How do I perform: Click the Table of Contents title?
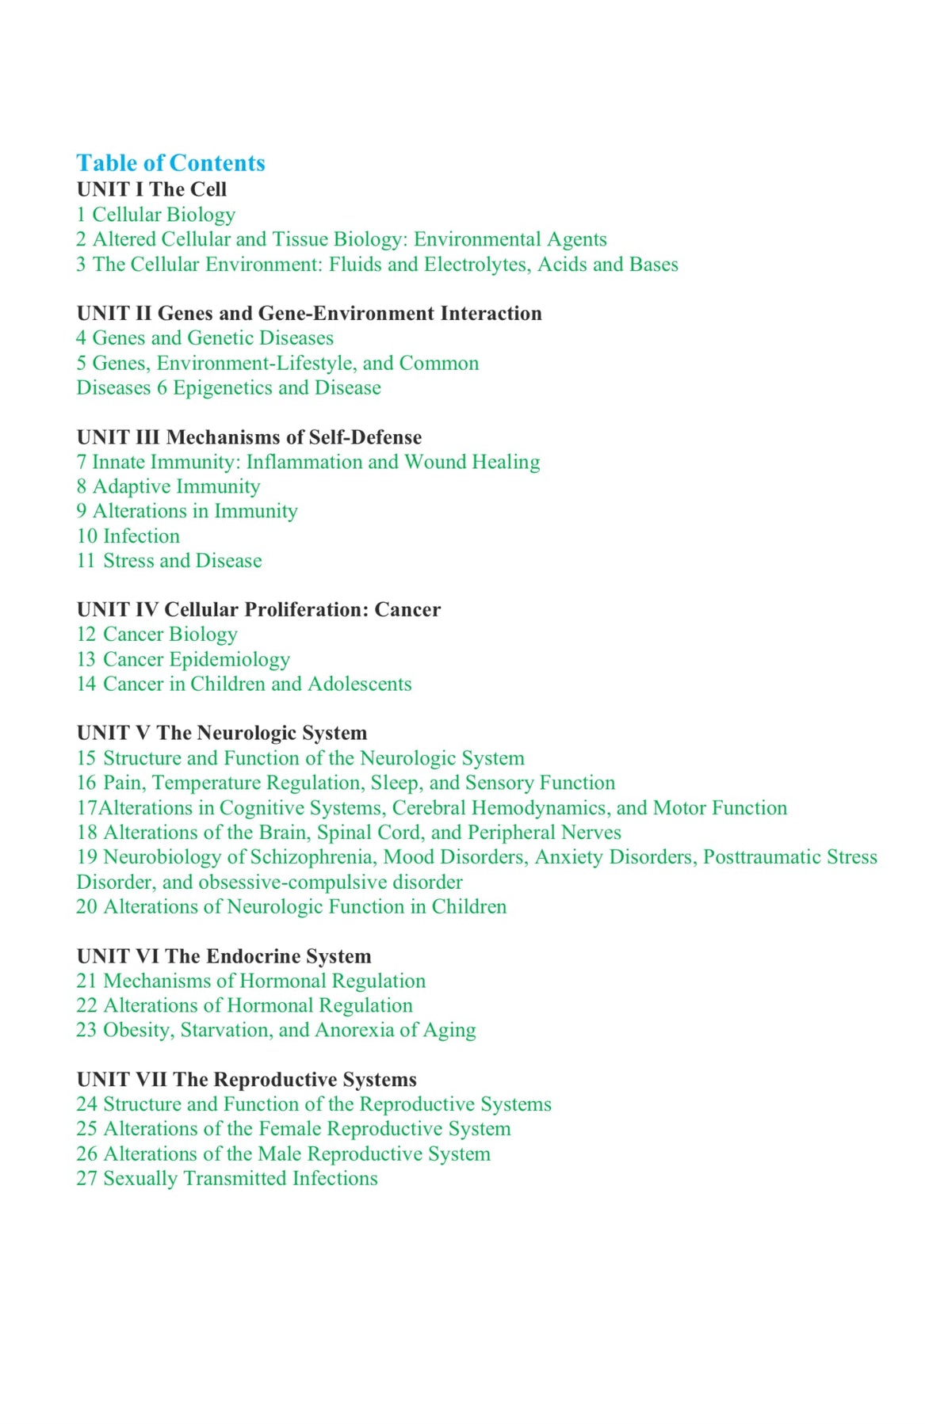click(170, 163)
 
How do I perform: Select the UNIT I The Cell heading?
click(151, 189)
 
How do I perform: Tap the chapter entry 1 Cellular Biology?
click(156, 215)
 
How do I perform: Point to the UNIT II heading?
click(309, 314)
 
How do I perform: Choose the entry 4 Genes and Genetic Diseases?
click(204, 338)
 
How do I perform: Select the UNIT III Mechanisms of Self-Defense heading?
click(249, 437)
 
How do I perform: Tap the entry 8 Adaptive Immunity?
click(168, 486)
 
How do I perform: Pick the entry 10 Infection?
click(128, 536)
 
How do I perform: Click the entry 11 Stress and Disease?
click(169, 561)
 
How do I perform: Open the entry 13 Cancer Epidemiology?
click(183, 660)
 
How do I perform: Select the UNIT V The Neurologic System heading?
click(222, 734)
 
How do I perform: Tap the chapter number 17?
click(86, 808)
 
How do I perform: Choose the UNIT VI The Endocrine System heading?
click(224, 957)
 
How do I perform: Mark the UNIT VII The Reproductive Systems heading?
click(247, 1080)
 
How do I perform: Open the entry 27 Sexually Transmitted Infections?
click(227, 1179)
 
